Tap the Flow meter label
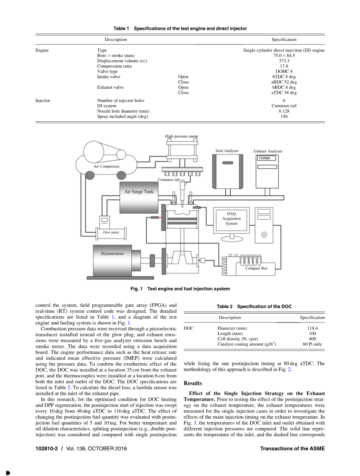pyautogui.click(x=111, y=233)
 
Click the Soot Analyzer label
pyautogui.click(x=227, y=151)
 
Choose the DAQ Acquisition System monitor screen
pyautogui.click(x=231, y=219)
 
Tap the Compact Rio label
pyautogui.click(x=256, y=268)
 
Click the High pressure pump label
pyautogui.click(x=182, y=136)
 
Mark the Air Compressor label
pyautogui.click(x=106, y=166)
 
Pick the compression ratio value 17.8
pyautogui.click(x=284, y=66)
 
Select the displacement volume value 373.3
pyautogui.click(x=284, y=61)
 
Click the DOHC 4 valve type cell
pyautogui.click(x=284, y=71)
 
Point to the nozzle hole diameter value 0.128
pyautogui.click(x=284, y=111)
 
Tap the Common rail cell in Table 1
pyautogui.click(x=284, y=106)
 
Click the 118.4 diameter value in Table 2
pyautogui.click(x=312, y=328)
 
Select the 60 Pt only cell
pyautogui.click(x=312, y=344)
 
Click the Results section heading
pyautogui.click(x=193, y=383)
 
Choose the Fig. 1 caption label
pyautogui.click(x=136, y=289)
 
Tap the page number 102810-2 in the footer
pyautogui.click(x=47, y=449)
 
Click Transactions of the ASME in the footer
pyautogui.click(x=292, y=449)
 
